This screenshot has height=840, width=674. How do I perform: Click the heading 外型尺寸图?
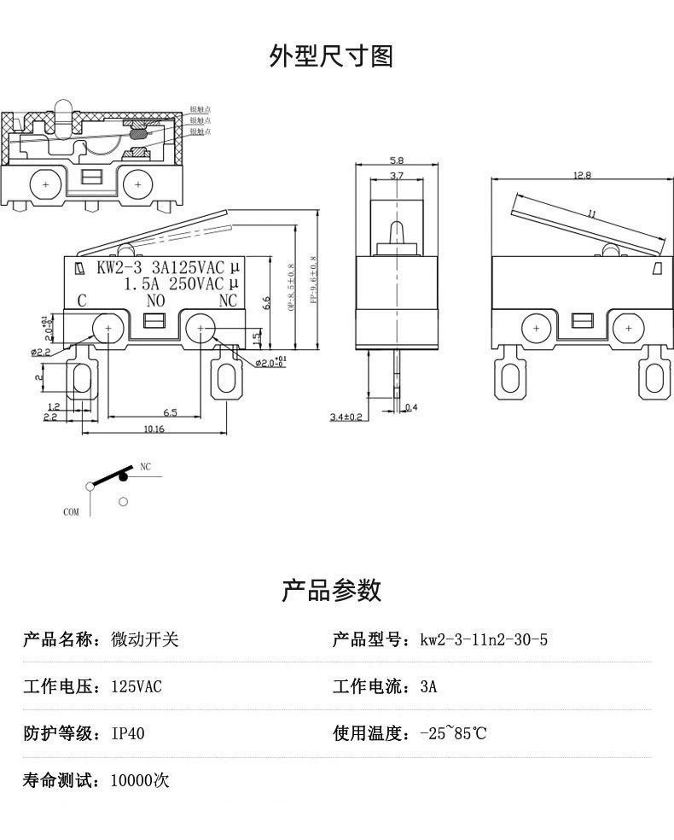331,56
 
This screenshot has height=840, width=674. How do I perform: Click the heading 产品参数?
331,590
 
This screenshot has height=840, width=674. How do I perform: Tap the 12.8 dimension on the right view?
582,176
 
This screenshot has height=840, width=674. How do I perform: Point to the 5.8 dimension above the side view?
396,160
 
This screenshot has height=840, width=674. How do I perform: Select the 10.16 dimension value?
154,429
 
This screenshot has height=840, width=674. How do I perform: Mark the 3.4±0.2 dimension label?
346,417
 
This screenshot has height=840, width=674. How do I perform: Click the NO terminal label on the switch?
155,300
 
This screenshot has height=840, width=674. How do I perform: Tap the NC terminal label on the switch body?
228,300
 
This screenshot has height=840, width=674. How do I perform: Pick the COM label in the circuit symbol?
71,512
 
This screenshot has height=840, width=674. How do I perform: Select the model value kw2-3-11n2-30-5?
484,640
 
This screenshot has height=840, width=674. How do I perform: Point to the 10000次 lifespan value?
141,780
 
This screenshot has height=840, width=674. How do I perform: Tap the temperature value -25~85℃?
453,733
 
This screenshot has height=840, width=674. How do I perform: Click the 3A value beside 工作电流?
428,687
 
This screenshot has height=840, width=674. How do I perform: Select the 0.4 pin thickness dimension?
412,407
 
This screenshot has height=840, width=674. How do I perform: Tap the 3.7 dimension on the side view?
396,176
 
